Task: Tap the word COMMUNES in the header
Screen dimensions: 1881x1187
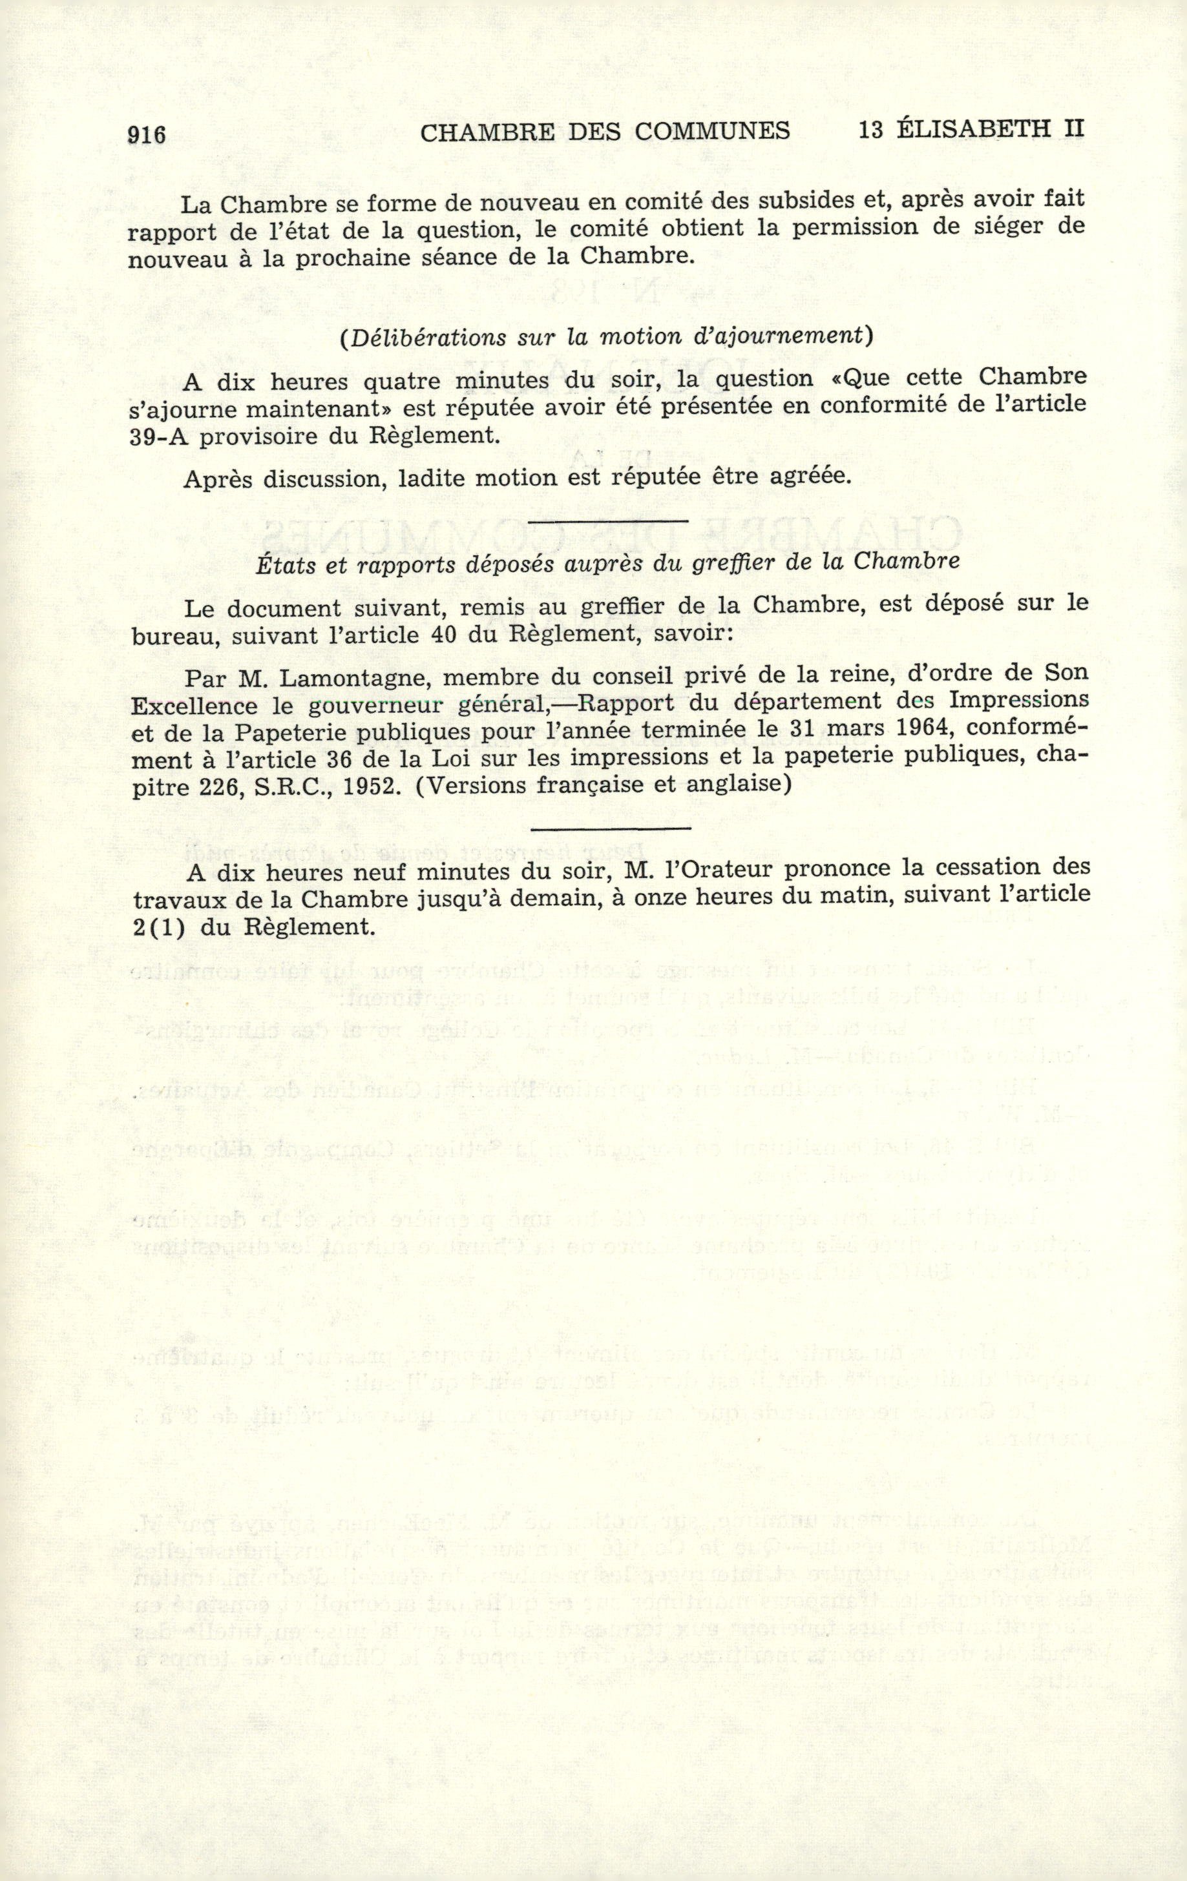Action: pyautogui.click(x=712, y=131)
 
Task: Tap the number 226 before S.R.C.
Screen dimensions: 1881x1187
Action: pyautogui.click(x=216, y=785)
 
